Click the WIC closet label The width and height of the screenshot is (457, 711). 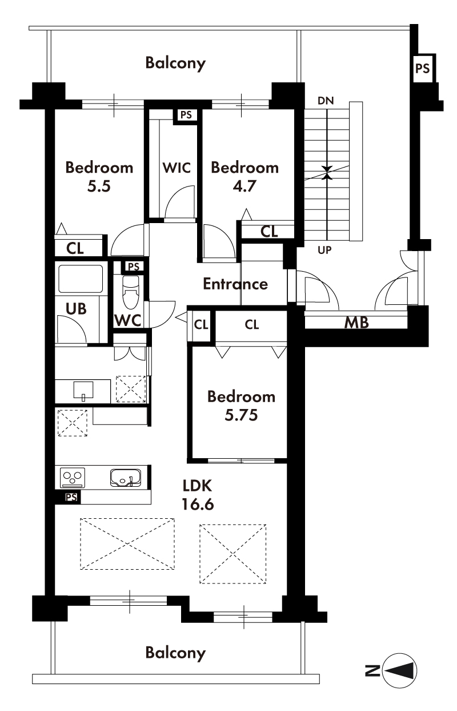pos(177,168)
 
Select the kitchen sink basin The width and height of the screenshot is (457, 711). pos(126,478)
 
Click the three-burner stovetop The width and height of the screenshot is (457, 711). pos(73,478)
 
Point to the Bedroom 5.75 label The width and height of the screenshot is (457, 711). pos(241,406)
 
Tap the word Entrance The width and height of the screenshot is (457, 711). pos(235,284)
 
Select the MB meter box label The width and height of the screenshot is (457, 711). pos(356,323)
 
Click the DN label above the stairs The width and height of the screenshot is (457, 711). pos(326,101)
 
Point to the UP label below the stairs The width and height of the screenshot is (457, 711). pos(324,251)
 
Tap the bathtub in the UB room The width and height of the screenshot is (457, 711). pos(81,279)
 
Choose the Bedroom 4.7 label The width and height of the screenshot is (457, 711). pos(244,177)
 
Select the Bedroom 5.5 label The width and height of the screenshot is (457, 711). pos(99,177)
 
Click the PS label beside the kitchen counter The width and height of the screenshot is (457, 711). pos(71,497)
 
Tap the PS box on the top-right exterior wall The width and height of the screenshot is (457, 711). pos(423,68)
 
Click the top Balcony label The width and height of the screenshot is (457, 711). pos(175,63)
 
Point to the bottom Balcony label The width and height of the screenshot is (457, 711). pos(175,653)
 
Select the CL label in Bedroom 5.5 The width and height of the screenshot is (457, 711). pos(75,248)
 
